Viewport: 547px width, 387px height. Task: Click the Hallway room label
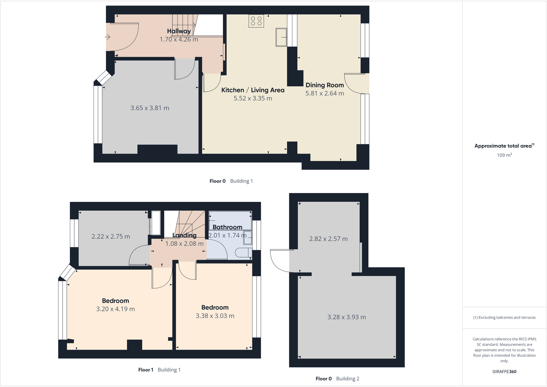tap(179, 31)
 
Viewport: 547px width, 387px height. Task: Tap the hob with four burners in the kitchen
tap(256, 21)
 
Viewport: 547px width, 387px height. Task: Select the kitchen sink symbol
tap(281, 37)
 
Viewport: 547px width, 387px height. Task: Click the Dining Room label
tap(325, 85)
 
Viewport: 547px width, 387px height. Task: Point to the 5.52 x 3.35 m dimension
tap(253, 99)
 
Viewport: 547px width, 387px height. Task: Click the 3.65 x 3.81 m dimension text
tap(150, 108)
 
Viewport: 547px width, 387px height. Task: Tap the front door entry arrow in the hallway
tap(107, 37)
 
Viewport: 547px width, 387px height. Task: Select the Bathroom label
tap(227, 227)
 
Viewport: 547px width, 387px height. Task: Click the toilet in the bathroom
tap(243, 253)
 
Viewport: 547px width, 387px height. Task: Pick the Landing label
tap(184, 235)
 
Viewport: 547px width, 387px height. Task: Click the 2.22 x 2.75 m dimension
tap(111, 237)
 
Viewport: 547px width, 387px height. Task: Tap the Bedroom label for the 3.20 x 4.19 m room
tap(116, 301)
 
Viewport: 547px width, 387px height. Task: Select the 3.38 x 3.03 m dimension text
tap(215, 316)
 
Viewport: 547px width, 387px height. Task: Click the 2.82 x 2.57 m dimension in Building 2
tap(328, 239)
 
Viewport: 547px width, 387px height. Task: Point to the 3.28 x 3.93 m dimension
tap(346, 317)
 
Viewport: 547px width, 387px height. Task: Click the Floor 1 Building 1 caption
tap(159, 370)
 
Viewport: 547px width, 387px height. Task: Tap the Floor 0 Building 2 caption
tap(337, 379)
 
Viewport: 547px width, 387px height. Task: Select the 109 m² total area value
tap(504, 155)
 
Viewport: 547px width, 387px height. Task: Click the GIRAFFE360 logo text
tap(504, 372)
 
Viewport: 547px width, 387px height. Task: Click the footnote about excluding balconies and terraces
tap(504, 318)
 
